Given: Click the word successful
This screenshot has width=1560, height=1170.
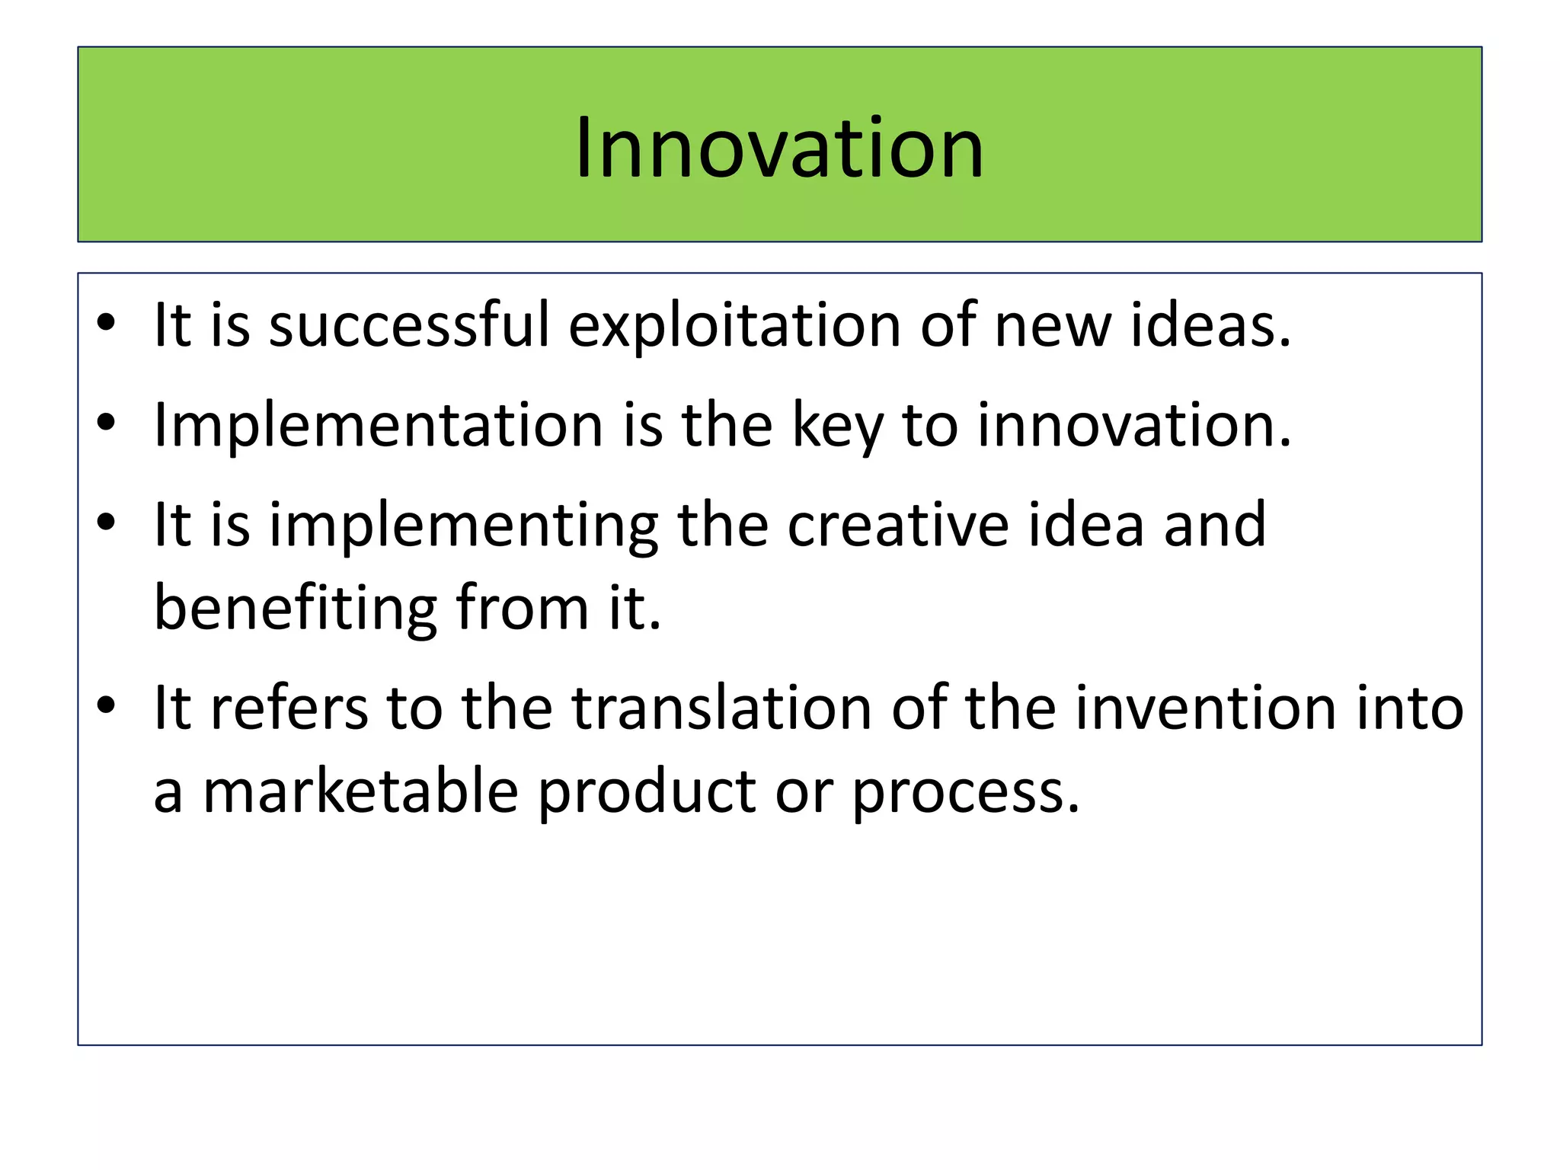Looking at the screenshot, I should click(x=409, y=325).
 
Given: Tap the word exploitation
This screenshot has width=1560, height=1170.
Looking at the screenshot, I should click(x=734, y=325).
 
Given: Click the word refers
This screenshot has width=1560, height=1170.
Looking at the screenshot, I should click(x=289, y=708).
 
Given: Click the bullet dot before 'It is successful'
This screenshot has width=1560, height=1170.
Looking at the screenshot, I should click(x=106, y=323).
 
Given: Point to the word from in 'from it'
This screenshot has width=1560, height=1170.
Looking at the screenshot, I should click(x=523, y=608).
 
